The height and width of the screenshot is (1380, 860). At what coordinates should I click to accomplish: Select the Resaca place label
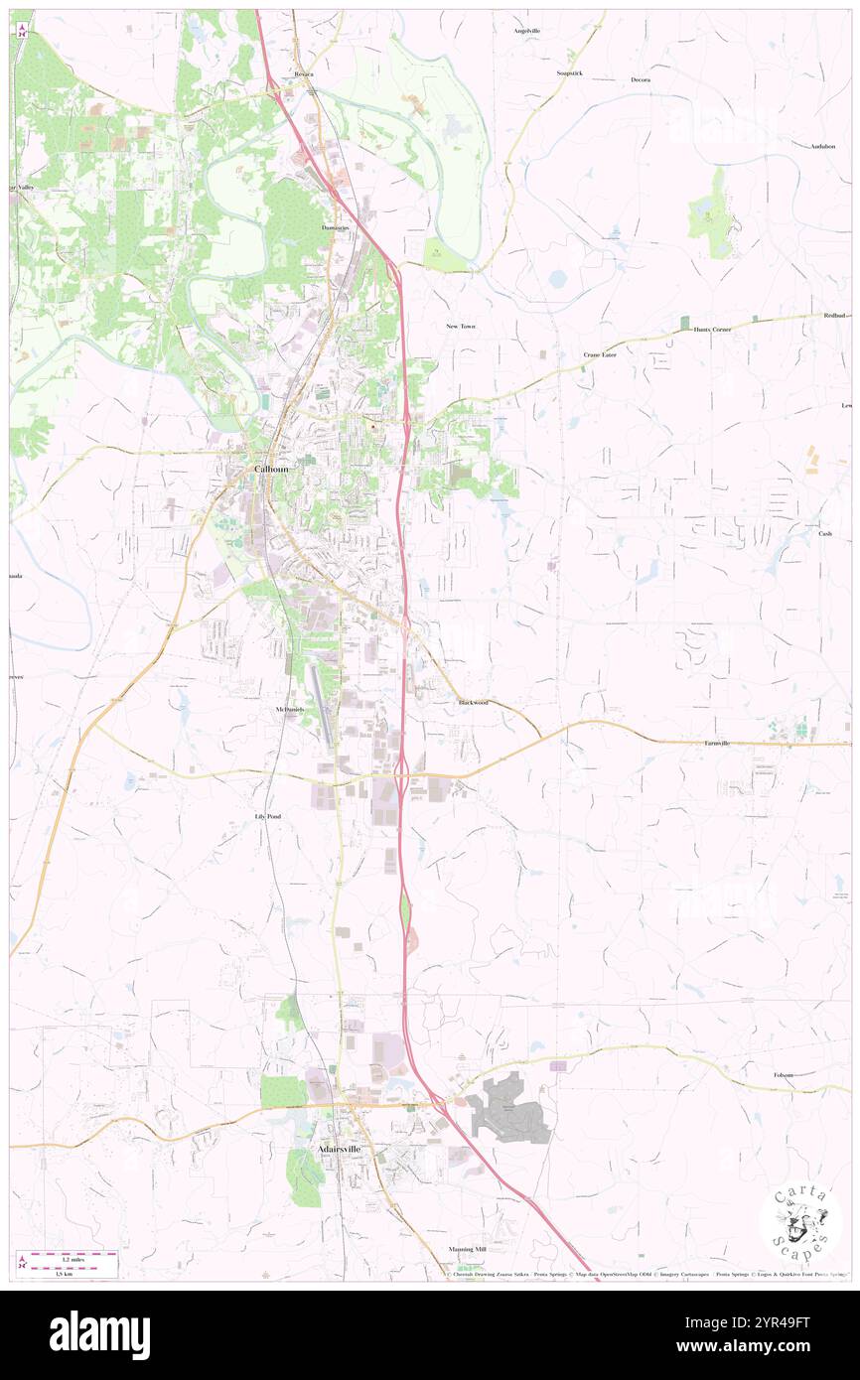click(304, 74)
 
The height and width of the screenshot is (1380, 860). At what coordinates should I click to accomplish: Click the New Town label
click(461, 326)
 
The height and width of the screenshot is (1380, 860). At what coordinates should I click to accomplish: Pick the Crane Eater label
click(600, 354)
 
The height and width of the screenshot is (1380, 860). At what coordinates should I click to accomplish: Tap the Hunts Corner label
click(712, 329)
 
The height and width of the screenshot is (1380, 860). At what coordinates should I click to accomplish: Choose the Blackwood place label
click(473, 703)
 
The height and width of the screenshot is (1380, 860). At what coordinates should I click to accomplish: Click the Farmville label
click(717, 743)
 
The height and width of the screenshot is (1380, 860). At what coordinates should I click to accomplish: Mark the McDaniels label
click(289, 710)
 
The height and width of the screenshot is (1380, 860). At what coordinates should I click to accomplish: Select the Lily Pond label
click(268, 816)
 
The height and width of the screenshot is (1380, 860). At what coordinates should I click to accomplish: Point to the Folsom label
click(785, 1074)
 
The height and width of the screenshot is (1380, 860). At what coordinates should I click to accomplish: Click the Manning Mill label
click(467, 1249)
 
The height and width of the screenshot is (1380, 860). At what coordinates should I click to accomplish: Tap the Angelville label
click(527, 31)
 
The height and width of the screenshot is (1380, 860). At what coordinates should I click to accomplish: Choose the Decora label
click(641, 79)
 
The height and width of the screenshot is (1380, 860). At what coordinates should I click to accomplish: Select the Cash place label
click(825, 534)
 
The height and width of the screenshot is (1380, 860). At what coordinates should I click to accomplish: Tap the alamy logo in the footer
click(99, 1335)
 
